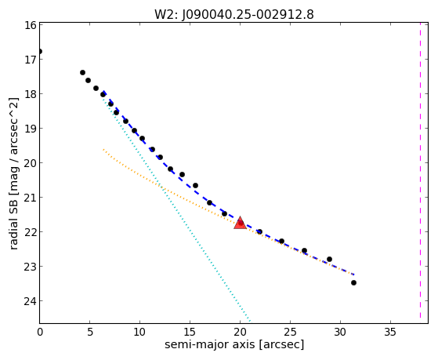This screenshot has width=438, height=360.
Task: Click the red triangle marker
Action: click(x=240, y=224)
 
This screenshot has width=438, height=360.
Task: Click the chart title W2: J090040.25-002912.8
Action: click(x=234, y=14)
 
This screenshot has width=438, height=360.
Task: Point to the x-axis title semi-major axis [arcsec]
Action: click(x=234, y=344)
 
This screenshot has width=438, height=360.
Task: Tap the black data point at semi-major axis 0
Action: click(x=40, y=52)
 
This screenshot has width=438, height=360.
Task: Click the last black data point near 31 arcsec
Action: click(x=353, y=283)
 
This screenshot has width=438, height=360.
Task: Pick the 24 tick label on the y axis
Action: click(x=31, y=301)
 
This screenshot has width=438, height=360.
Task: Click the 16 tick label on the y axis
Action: click(x=31, y=25)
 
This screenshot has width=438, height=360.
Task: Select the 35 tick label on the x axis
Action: click(x=390, y=332)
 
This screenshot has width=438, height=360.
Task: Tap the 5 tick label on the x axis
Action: click(x=89, y=332)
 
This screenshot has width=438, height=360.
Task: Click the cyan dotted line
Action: click(x=176, y=208)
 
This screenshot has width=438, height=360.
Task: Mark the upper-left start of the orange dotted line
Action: click(x=103, y=149)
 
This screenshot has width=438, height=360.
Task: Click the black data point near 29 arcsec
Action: click(x=329, y=260)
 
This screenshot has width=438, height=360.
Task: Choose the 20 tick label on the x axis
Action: click(x=240, y=332)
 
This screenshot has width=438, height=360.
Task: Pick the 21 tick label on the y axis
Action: click(x=31, y=198)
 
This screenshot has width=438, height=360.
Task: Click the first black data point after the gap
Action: click(x=82, y=73)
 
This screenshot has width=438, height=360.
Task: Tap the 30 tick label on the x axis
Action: click(x=340, y=332)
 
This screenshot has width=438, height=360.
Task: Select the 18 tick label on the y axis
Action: click(x=31, y=94)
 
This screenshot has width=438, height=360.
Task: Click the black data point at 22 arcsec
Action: click(x=259, y=231)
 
